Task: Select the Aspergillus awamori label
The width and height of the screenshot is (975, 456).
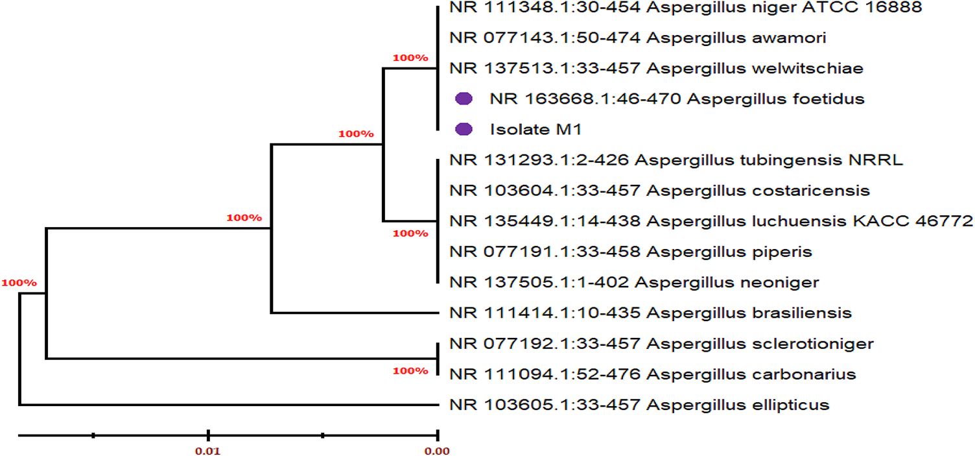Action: click(638, 38)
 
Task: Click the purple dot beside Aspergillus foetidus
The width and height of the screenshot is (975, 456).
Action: click(463, 99)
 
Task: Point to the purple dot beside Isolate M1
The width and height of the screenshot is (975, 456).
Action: click(463, 129)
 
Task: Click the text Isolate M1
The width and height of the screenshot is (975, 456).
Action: click(535, 130)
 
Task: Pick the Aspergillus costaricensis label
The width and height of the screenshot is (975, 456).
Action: click(659, 191)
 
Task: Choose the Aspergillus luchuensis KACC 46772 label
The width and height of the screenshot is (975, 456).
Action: click(711, 221)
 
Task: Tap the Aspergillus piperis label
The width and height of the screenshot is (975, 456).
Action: click(631, 252)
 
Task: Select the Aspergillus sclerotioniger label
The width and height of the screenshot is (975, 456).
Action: click(661, 344)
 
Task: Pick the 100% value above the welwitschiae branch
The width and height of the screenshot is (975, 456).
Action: click(410, 58)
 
